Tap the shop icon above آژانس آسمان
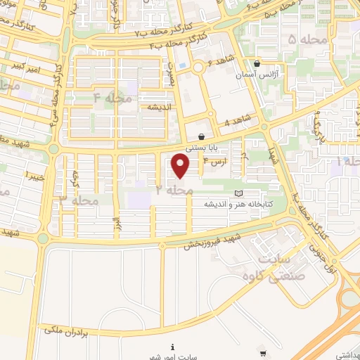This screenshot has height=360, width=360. (x=258, y=63)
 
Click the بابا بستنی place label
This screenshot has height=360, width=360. (x=202, y=149)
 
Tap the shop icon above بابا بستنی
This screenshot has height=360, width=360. (x=202, y=137)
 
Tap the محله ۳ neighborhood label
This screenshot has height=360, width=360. (x=78, y=199)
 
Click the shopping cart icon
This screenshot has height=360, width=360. (x=263, y=354)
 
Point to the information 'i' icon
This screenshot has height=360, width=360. (x=172, y=346)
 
